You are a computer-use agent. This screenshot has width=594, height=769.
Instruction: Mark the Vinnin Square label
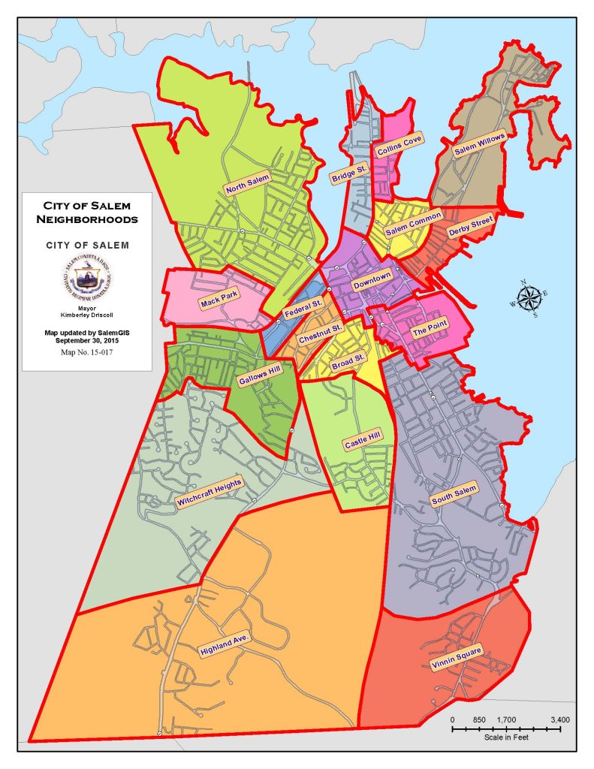point(456,657)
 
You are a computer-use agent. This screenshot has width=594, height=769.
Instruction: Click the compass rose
point(530,297)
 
